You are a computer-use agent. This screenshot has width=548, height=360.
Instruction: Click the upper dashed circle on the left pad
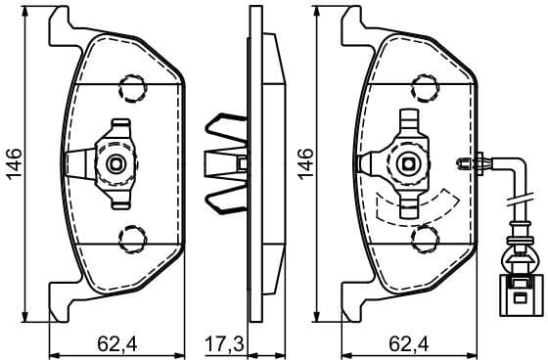pos(128,86)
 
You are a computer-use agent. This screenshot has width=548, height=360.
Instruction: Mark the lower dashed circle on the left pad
pos(128,235)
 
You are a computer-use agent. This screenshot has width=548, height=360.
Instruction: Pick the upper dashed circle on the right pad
pos(424,86)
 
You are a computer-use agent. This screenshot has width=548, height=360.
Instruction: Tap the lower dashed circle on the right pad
pos(424,236)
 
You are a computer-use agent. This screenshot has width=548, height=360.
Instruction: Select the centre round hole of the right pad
pos(411,161)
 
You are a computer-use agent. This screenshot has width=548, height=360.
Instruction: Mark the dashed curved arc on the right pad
pos(416,205)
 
